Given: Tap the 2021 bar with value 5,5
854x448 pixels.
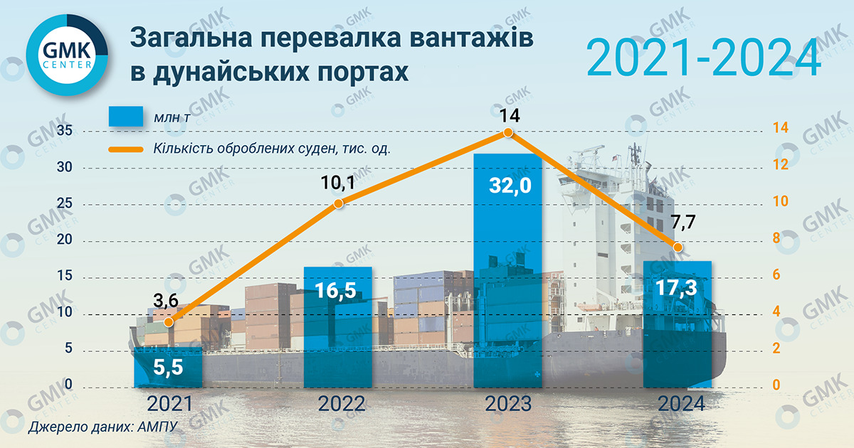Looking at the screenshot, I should [x=169, y=368].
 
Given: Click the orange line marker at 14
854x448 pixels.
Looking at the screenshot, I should [x=507, y=132].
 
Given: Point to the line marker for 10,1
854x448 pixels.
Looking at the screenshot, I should [x=339, y=203].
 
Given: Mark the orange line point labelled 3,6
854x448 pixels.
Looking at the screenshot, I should [x=169, y=322].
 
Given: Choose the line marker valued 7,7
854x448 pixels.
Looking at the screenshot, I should [x=678, y=247].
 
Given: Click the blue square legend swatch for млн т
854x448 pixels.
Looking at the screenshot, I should [x=127, y=117].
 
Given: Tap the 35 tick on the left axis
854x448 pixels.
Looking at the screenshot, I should [x=65, y=132].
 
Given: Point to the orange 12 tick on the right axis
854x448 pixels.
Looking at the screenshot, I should [x=781, y=165].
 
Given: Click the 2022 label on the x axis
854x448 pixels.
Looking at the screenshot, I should [x=339, y=404].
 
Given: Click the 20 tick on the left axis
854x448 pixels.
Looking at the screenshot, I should [x=65, y=241].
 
